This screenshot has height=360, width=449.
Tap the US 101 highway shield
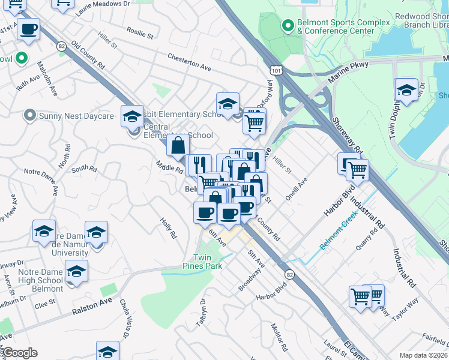tap(276, 71)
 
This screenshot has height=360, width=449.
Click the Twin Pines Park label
tap(203, 261)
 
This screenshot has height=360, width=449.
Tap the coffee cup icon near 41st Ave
tap(28, 28)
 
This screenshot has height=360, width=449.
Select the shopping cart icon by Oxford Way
tap(255, 122)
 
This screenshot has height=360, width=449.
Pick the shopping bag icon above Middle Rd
tap(178, 145)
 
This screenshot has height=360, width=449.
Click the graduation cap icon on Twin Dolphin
tap(406, 91)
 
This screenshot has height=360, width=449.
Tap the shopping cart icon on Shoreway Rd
tap(358, 170)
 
